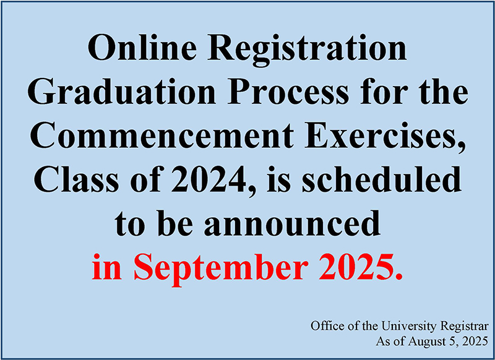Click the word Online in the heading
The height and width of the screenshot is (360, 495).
point(140,48)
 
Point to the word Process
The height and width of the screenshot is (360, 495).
point(289,92)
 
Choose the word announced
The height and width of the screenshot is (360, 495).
point(292,223)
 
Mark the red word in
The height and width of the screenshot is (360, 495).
point(106,267)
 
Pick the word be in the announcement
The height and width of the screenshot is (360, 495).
point(175,223)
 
